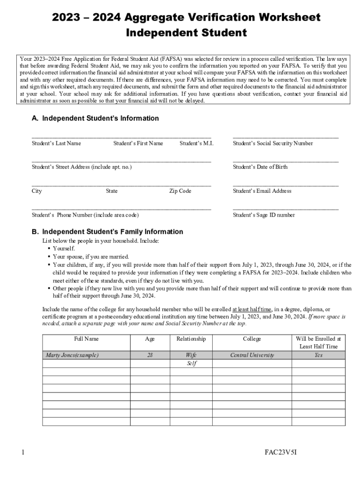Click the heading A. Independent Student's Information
click(x=95, y=118)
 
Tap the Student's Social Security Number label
click(x=273, y=143)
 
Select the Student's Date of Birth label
click(x=260, y=167)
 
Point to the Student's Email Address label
click(x=262, y=191)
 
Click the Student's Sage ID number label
click(x=264, y=215)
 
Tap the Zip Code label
click(x=180, y=191)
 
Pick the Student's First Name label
click(x=138, y=143)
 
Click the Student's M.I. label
click(x=196, y=143)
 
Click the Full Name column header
click(x=86, y=339)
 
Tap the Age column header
click(x=150, y=339)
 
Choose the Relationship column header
click(x=191, y=339)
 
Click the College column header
click(x=252, y=339)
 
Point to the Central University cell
click(x=252, y=355)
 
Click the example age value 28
click(x=150, y=355)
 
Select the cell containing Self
click(x=191, y=363)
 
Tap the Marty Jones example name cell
click(x=72, y=355)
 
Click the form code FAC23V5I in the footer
click(x=281, y=452)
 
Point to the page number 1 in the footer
click(x=22, y=452)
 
